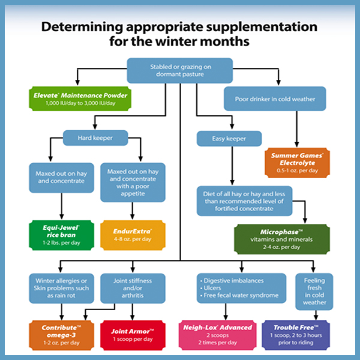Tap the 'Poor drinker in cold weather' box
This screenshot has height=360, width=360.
[275, 99]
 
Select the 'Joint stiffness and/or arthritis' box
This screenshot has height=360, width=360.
[133, 287]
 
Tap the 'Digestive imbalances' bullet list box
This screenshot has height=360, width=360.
[242, 287]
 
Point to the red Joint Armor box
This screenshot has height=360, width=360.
[133, 334]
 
